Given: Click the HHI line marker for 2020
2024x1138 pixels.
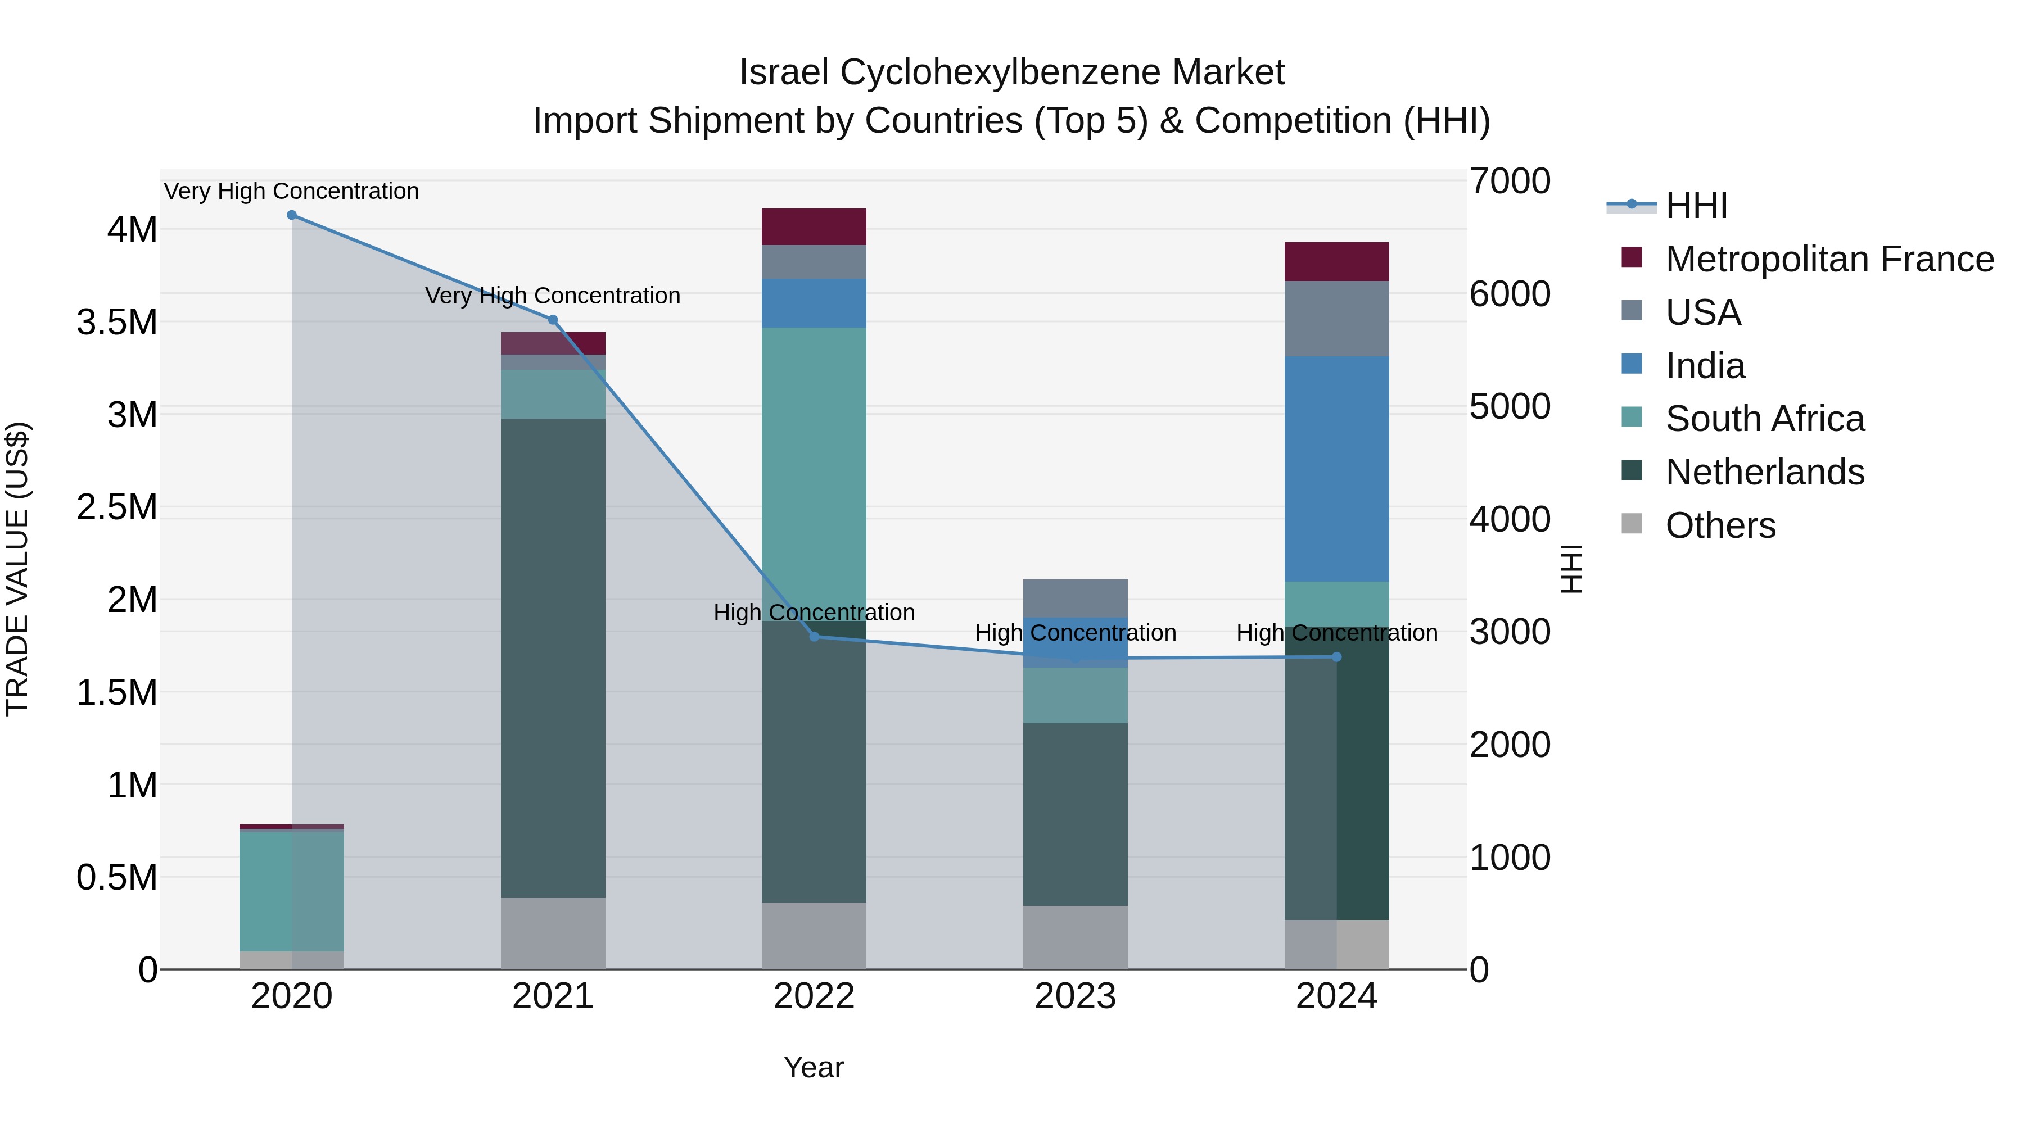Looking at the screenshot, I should point(291,215).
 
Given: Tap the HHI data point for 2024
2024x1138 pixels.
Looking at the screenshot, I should point(1336,656).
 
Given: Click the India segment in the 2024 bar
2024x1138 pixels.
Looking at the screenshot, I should point(1336,469).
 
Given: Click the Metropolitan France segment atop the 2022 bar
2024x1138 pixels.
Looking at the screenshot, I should point(814,227).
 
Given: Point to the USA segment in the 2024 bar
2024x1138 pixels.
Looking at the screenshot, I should point(1336,318).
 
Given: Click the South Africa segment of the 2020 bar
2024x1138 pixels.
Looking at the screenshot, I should point(291,891).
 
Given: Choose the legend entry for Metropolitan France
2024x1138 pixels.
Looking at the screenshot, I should point(1829,259).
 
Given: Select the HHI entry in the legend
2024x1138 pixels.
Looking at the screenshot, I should point(1696,206).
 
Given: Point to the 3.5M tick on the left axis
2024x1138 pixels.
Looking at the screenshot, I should point(116,323).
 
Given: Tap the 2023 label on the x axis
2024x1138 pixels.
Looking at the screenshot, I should point(1075,996).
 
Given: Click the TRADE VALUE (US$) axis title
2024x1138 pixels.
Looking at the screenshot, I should point(17,569).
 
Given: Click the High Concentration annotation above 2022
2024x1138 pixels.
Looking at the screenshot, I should point(814,613).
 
